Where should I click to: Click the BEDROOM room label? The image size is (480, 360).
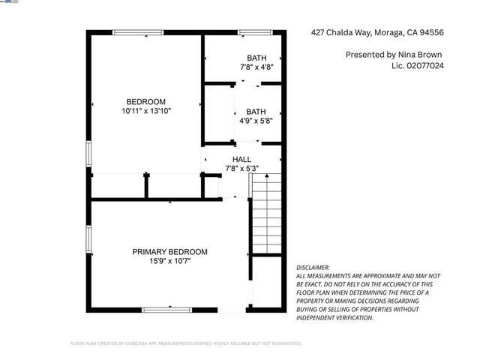(x=145, y=101)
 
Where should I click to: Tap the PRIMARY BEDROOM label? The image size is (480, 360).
(x=169, y=252)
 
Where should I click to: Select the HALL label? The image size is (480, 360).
(x=241, y=159)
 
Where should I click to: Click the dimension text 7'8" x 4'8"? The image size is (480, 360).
(x=256, y=67)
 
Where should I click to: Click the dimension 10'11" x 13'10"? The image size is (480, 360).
(x=145, y=111)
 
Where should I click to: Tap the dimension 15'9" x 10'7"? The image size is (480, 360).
(x=169, y=261)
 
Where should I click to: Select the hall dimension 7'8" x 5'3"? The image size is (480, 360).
(x=241, y=168)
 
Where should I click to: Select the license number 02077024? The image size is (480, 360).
(x=430, y=66)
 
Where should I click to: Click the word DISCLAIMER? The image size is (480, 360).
(x=313, y=267)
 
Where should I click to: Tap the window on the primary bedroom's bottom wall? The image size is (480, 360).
(x=166, y=309)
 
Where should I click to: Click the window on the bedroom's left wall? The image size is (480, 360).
(x=88, y=154)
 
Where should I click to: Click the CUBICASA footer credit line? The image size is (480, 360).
(x=186, y=343)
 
